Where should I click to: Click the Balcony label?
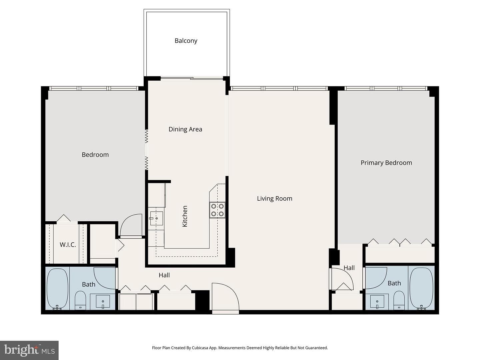186,41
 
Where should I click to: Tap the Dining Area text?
185,129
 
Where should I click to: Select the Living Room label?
274,198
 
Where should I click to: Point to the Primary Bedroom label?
386,163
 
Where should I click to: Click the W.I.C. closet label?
68,245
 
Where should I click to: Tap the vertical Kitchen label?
185,216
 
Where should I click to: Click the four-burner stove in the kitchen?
217,210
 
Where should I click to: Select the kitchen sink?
156,218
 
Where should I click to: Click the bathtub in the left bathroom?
58,289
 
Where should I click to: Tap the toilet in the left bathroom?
80,300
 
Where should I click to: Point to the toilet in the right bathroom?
399,300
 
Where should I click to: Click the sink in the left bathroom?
103,302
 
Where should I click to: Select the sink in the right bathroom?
377,302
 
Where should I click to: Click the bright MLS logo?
29,350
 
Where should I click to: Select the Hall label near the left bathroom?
164,275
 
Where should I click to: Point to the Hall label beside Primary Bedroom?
349,268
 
